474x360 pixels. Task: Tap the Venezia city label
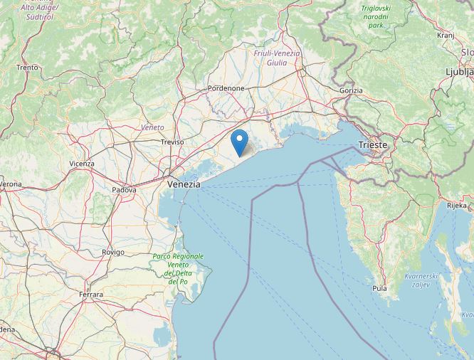click(184, 184)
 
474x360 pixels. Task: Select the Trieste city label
click(373, 144)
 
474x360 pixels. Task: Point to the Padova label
click(125, 190)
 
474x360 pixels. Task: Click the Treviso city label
click(172, 142)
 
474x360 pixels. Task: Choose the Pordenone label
click(226, 88)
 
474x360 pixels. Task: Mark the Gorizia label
click(351, 90)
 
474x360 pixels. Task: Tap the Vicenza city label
click(82, 164)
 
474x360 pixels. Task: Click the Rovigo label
click(113, 252)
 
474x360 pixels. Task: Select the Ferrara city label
click(91, 294)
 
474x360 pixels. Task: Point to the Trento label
click(27, 68)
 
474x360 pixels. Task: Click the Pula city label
click(379, 288)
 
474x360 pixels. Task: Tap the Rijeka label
click(456, 205)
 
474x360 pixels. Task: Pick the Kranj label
click(446, 34)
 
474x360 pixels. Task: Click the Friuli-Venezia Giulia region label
click(277, 58)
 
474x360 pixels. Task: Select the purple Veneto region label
click(152, 127)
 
